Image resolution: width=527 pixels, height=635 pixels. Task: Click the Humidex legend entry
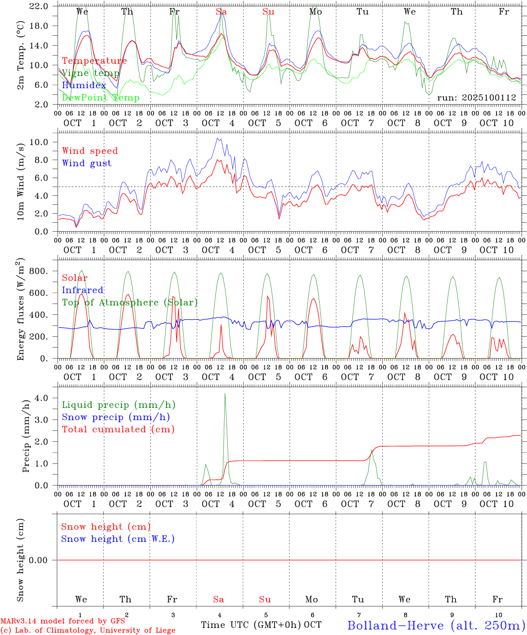(84, 85)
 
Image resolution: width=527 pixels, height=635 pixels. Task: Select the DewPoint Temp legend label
(101, 97)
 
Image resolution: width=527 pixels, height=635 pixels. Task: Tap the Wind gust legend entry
(87, 163)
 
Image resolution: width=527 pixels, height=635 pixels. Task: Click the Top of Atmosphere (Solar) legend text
(129, 303)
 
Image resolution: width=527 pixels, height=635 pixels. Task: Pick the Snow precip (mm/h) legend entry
(116, 417)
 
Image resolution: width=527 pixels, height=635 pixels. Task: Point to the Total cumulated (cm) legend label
(118, 429)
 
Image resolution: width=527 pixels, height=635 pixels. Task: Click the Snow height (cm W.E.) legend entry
(117, 539)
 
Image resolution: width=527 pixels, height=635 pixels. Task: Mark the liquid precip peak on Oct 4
(225, 394)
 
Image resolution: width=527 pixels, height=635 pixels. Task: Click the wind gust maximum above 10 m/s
(217, 138)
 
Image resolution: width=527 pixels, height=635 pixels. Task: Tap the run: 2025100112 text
(476, 98)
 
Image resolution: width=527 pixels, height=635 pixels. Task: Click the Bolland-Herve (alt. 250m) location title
(436, 625)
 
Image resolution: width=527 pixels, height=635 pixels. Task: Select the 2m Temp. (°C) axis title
(20, 55)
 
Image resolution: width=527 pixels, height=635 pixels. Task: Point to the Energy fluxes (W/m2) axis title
(20, 310)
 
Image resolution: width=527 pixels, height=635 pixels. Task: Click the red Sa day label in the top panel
(221, 12)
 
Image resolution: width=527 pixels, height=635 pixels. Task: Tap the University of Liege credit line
(88, 630)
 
